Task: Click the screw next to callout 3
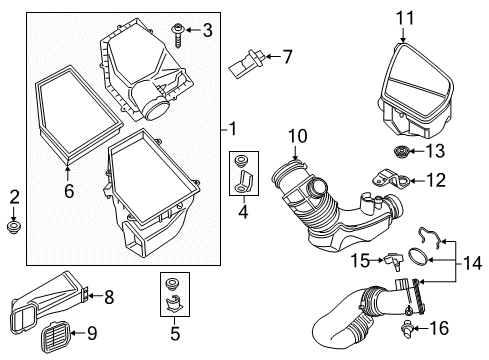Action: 178,35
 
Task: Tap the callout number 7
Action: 287,57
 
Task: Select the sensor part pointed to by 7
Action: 247,62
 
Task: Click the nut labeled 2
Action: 13,227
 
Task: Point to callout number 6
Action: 69,191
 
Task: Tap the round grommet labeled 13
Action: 401,152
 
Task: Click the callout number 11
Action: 405,18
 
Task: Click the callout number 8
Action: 109,297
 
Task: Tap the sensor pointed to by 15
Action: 393,261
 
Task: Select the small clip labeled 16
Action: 407,328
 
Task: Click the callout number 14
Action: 472,263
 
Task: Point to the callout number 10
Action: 298,136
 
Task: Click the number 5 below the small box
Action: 175,333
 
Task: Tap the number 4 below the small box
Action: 243,211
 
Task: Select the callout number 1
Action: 233,129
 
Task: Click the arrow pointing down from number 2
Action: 13,213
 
